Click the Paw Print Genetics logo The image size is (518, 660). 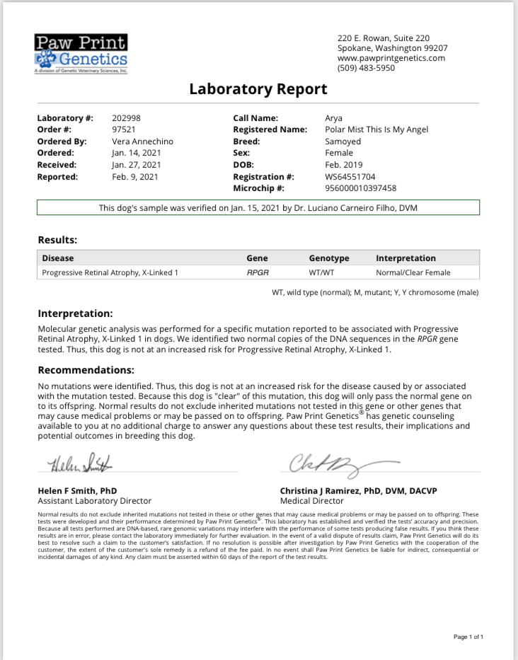(81, 53)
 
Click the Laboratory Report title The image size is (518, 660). (258, 89)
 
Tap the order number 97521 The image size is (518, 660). (124, 129)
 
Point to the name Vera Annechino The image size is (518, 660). (142, 141)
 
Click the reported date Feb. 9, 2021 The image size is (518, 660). (134, 177)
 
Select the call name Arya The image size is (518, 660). (333, 118)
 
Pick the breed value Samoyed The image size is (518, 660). (343, 141)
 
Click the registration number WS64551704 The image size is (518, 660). (350, 177)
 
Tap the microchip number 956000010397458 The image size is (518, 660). (360, 188)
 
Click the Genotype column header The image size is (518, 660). (328, 258)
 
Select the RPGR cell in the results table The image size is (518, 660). (257, 272)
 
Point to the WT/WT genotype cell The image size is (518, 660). (321, 272)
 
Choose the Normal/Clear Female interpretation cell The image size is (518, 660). (413, 272)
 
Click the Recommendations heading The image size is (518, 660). (86, 370)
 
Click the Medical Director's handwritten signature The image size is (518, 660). (333, 465)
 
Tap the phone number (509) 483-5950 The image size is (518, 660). (366, 69)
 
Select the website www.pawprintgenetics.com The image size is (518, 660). (391, 58)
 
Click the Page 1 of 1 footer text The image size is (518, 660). (468, 637)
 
